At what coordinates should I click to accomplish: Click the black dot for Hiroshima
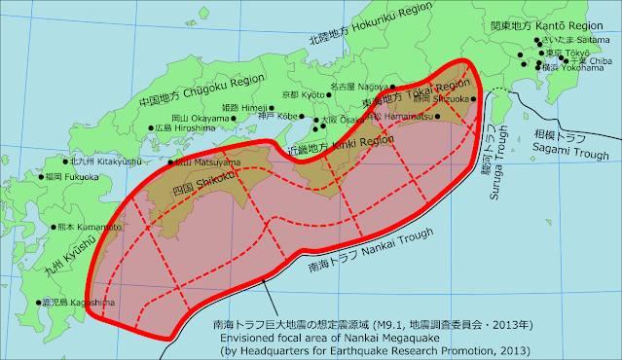coord(151,127)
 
